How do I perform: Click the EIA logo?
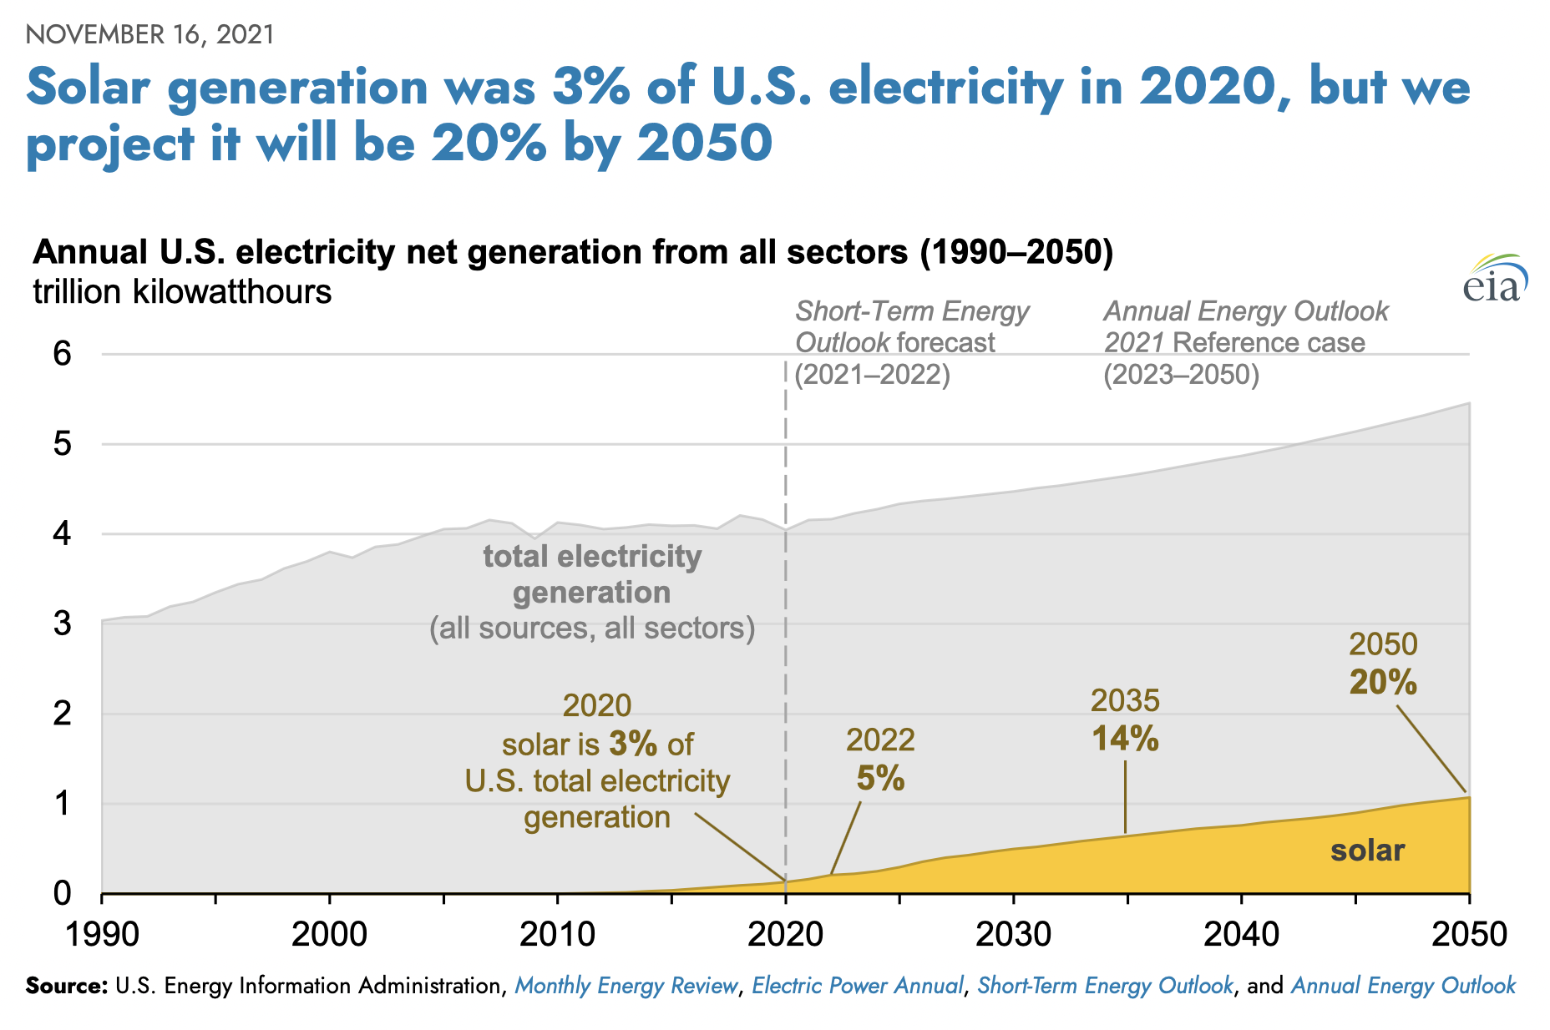1494,279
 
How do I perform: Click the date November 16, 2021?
150,34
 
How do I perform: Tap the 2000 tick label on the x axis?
329,933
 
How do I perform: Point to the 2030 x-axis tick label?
1013,933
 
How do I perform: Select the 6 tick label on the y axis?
63,354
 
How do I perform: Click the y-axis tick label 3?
63,624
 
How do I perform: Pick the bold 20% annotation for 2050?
1383,683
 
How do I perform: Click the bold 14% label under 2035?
1125,739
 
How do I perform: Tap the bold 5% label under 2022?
880,779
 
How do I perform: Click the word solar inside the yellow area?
1367,851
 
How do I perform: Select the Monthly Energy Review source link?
626,986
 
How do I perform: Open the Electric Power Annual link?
858,986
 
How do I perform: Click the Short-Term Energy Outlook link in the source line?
1105,986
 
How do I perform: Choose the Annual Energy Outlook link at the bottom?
1403,986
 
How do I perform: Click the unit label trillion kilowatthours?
182,292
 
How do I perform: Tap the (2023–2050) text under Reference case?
1181,375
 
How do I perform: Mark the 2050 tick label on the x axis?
1468,933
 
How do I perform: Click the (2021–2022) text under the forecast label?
873,375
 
